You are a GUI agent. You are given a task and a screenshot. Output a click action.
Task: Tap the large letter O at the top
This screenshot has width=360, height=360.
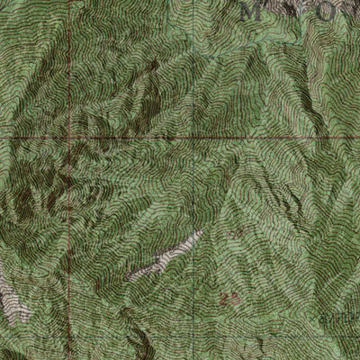[x=310, y=13]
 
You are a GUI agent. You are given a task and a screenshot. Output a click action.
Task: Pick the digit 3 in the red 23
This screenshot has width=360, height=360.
[x=236, y=297]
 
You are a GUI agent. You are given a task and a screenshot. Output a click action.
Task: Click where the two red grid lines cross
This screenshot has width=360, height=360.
[x=67, y=138]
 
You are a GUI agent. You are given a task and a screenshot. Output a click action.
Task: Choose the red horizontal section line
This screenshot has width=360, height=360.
[x=198, y=138]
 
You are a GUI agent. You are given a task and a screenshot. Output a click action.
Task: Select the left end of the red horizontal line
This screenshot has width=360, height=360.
[x=2, y=138]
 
